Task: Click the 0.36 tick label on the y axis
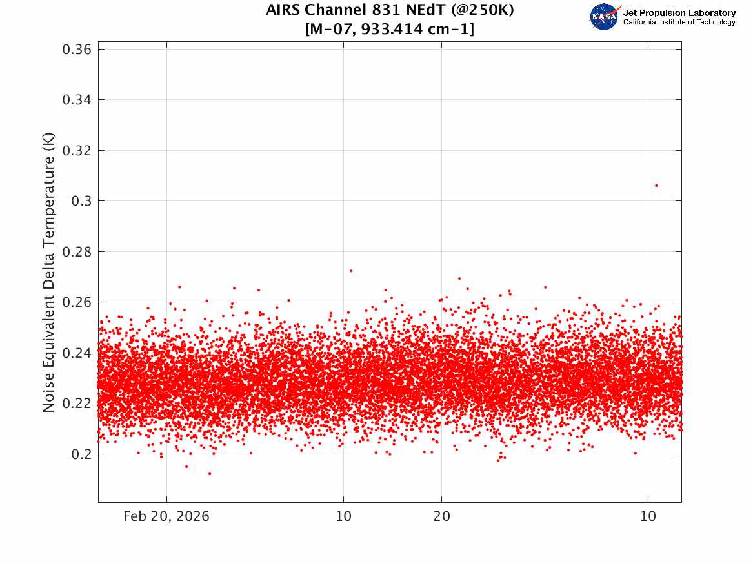click(77, 50)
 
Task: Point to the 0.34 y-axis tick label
click(77, 100)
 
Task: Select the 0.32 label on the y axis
click(77, 151)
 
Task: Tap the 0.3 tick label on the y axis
click(81, 201)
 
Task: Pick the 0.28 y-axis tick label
click(77, 252)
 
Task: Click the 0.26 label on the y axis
click(77, 302)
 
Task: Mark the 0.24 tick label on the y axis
click(77, 353)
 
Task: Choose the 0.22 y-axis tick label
click(77, 404)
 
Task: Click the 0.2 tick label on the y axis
click(81, 454)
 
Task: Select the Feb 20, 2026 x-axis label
click(166, 516)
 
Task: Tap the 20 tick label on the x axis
click(442, 516)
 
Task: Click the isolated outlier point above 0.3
click(656, 186)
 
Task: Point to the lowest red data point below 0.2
click(209, 474)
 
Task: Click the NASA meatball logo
click(604, 17)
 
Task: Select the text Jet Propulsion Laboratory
click(679, 13)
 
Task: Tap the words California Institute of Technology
click(679, 22)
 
